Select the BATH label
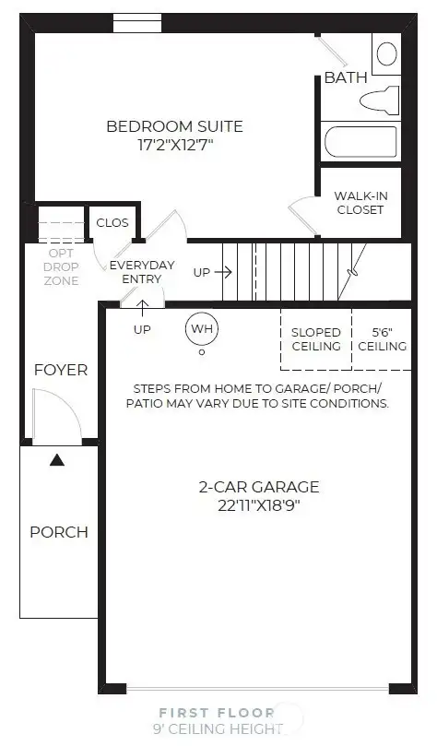pos(346,77)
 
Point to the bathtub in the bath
pos(360,143)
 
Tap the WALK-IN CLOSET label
pos(359,202)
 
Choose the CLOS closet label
pos(112,222)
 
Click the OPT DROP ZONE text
pos(61,266)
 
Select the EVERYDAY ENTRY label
pos(142,272)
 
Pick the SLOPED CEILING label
pos(316,338)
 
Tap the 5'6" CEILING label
pos(382,338)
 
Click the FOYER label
pos(61,370)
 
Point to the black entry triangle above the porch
pos(57,458)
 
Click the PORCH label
pos(59,532)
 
